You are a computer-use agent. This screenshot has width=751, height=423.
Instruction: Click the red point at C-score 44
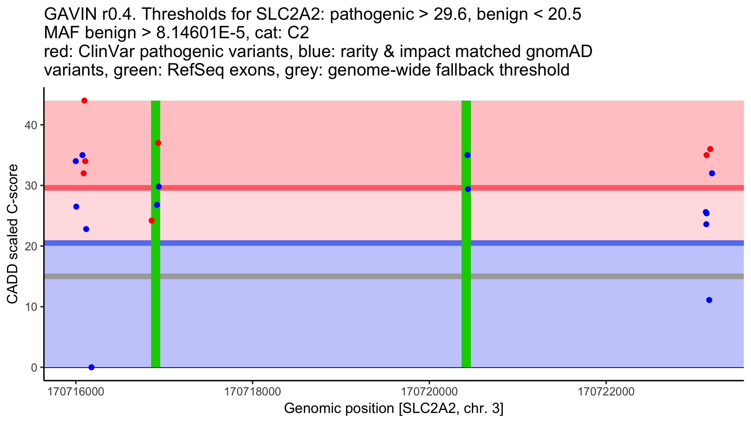(84, 101)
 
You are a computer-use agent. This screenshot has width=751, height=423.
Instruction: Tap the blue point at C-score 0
(91, 367)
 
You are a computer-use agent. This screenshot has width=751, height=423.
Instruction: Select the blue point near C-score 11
(709, 300)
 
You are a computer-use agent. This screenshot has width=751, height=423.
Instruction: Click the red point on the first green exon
(158, 143)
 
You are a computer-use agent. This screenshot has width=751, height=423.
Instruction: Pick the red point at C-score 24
(152, 221)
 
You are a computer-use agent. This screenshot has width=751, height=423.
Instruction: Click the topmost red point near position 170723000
(710, 149)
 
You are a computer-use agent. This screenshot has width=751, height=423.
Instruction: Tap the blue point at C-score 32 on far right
(712, 173)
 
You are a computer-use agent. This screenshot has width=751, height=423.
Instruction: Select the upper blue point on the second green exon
(467, 155)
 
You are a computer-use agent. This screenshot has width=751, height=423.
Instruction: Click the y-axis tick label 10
(31, 307)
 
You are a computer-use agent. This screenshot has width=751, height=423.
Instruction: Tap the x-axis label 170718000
(253, 392)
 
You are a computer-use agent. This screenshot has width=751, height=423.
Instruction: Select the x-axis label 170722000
(606, 392)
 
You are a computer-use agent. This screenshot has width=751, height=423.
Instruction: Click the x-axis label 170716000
(76, 392)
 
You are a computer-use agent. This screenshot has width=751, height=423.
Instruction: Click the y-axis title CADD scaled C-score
(13, 234)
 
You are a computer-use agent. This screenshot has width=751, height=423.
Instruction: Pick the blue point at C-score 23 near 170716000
(86, 229)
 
